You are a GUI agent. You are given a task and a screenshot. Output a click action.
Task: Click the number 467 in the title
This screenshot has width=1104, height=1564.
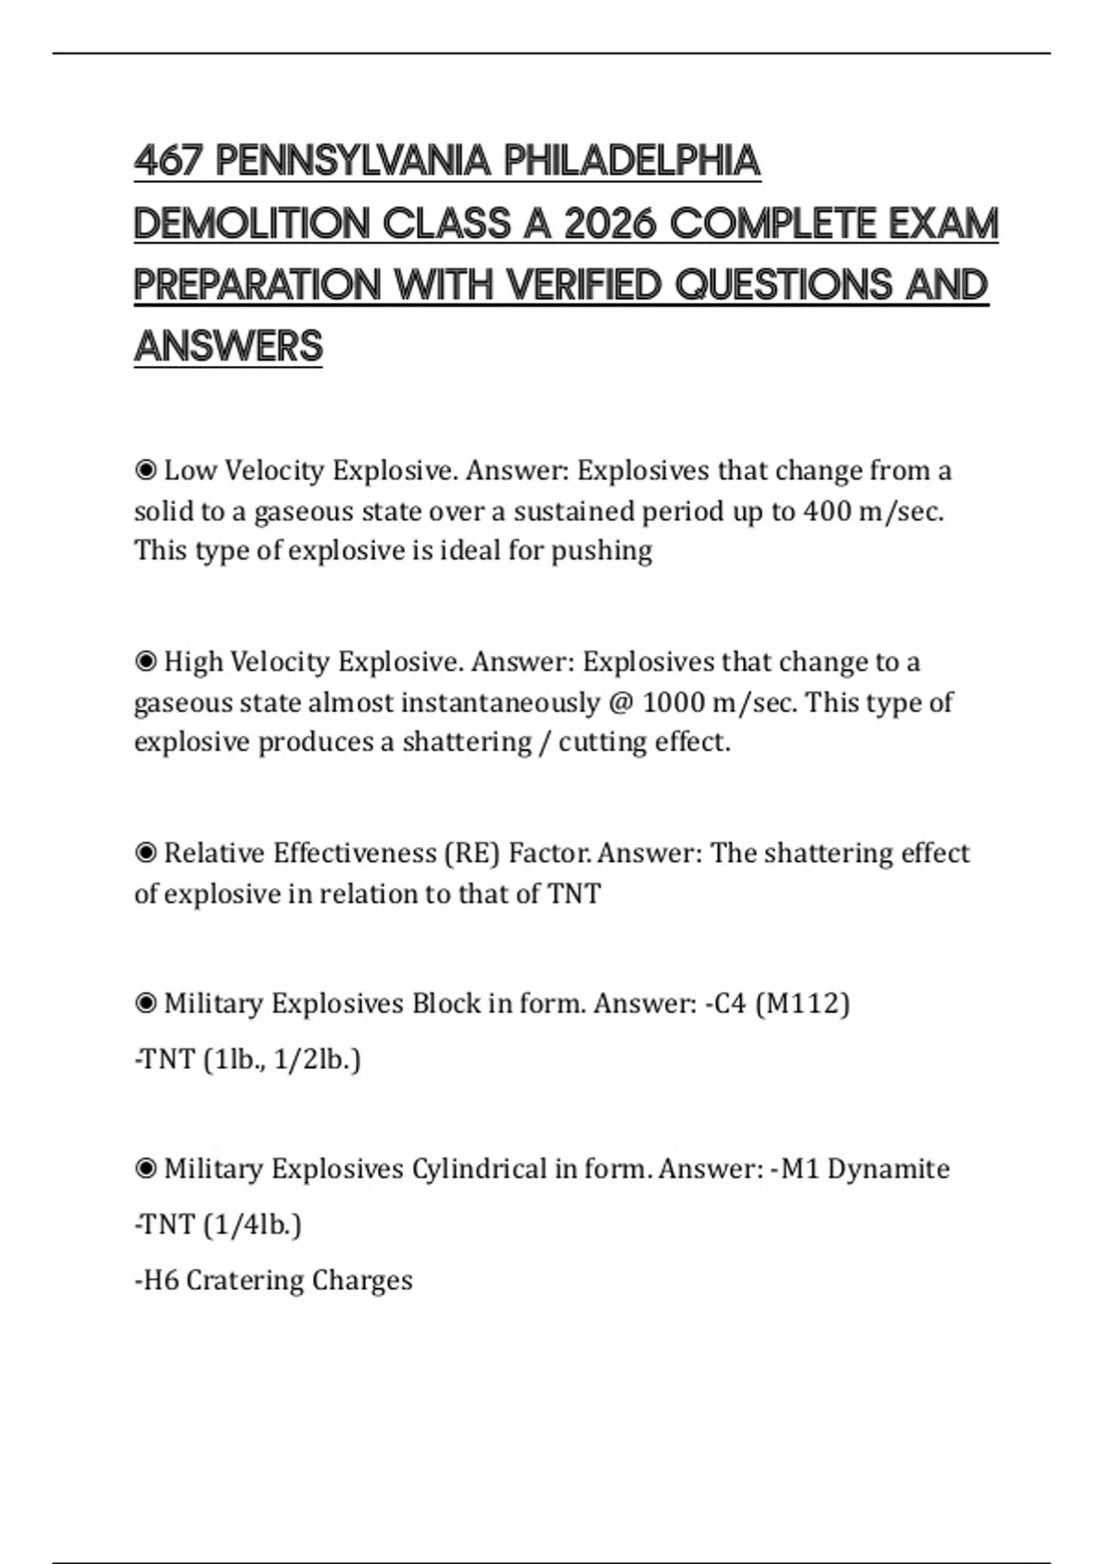tap(168, 162)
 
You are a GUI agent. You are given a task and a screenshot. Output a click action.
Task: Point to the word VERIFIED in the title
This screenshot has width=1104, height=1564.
tap(584, 285)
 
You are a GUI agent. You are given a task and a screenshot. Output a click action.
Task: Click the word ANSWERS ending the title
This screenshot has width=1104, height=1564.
tap(228, 347)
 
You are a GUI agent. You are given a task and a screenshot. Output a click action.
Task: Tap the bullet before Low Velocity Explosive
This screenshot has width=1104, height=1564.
tap(145, 471)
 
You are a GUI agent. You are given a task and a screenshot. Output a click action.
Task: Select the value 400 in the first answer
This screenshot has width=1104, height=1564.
tap(826, 511)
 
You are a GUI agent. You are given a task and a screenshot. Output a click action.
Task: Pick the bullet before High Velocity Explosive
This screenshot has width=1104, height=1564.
tap(145, 662)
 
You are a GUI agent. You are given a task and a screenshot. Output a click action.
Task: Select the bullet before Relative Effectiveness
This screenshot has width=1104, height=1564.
tap(145, 854)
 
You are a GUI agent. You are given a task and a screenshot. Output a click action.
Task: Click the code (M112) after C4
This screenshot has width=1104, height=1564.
tap(801, 1003)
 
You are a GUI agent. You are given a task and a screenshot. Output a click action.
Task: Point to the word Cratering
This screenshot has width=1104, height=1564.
tap(245, 1281)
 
